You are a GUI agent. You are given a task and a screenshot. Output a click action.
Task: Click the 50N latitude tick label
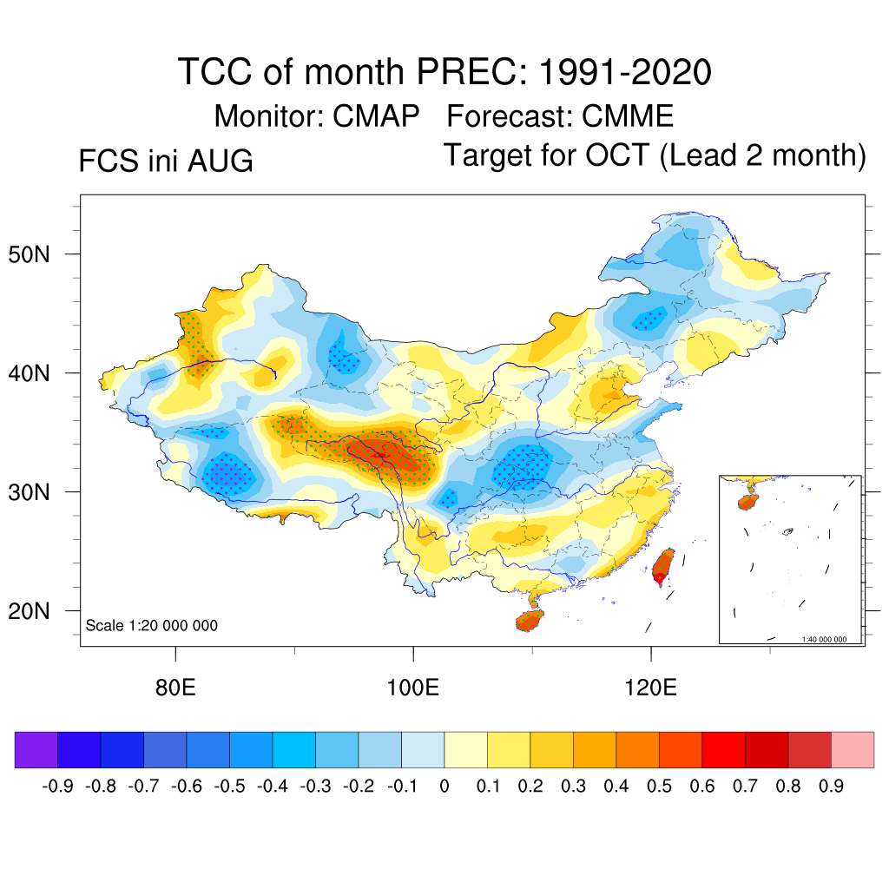(x=29, y=254)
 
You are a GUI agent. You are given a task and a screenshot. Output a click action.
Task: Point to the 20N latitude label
(x=29, y=611)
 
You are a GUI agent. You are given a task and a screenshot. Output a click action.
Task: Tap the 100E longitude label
(x=412, y=688)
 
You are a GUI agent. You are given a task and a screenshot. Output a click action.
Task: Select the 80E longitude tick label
(x=175, y=688)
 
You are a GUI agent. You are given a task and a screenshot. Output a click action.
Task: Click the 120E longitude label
(x=651, y=688)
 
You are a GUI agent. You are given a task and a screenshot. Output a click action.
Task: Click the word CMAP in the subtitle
(x=376, y=116)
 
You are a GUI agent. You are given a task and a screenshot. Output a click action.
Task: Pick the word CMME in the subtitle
(x=628, y=116)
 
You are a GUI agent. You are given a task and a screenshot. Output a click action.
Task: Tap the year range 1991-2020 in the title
(x=625, y=72)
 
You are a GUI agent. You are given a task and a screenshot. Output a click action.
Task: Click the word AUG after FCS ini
(x=220, y=161)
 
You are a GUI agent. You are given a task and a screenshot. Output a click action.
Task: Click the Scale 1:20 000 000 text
(x=151, y=625)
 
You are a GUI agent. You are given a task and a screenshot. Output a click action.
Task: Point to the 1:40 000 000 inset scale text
(x=824, y=640)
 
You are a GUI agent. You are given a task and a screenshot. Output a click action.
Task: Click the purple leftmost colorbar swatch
(x=36, y=749)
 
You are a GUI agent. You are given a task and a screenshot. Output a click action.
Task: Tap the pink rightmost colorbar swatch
(x=853, y=749)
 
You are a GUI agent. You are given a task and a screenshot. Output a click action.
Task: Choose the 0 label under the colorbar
(x=444, y=787)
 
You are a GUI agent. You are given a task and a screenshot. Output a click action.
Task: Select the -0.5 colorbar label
(x=229, y=787)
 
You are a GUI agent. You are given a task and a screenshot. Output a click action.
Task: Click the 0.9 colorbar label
(x=831, y=787)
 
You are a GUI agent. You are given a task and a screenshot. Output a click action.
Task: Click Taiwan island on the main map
(x=662, y=567)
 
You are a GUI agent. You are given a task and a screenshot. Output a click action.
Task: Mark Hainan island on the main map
(x=530, y=620)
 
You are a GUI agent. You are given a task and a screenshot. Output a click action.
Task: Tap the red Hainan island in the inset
(x=747, y=503)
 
